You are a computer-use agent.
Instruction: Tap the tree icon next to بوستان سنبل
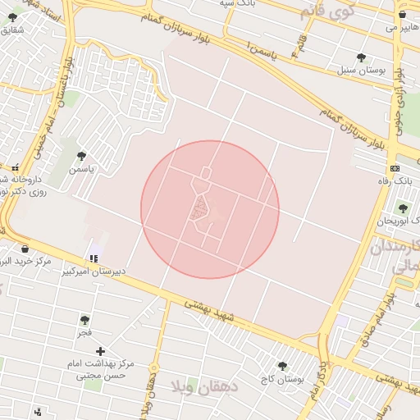[x=361, y=57]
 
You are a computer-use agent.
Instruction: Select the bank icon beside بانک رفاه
[x=395, y=167]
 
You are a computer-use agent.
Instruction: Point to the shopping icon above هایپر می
[x=402, y=15]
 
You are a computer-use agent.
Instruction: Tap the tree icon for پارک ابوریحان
[x=402, y=208]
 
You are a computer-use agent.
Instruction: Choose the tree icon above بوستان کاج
[x=283, y=366]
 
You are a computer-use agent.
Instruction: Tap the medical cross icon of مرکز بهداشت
[x=101, y=352]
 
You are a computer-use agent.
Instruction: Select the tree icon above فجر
[x=84, y=320]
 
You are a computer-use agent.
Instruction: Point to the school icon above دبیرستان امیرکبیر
[x=94, y=259]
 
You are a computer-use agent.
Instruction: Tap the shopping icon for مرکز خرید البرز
[x=25, y=249]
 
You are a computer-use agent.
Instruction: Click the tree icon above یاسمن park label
[x=80, y=155]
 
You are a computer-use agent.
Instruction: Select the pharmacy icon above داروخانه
[x=15, y=167]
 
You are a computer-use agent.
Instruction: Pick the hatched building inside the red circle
[x=198, y=211]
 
